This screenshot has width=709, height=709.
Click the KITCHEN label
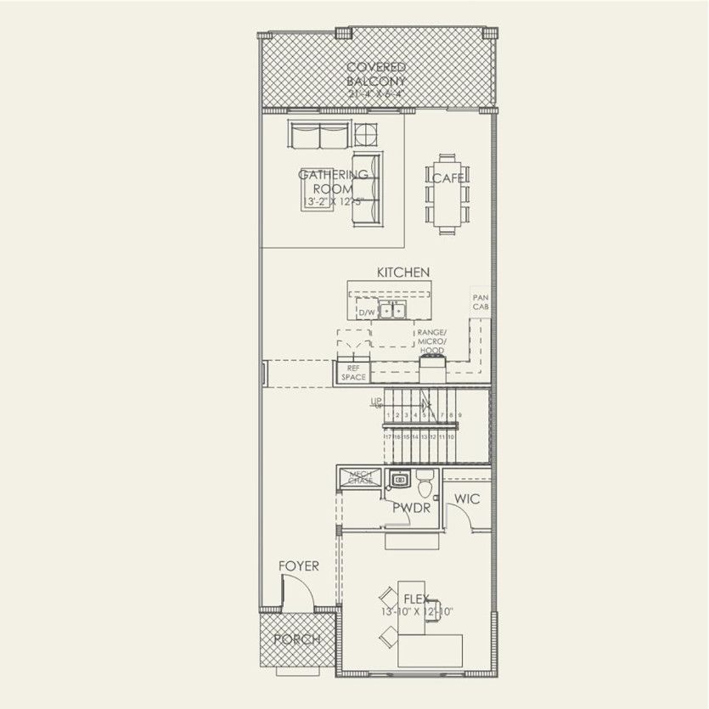pyautogui.click(x=403, y=272)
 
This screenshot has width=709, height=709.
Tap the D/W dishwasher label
pyautogui.click(x=367, y=313)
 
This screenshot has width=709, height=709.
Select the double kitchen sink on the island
pyautogui.click(x=392, y=310)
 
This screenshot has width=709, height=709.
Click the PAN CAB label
pyautogui.click(x=481, y=302)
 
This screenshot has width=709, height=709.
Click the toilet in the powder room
pyautogui.click(x=425, y=484)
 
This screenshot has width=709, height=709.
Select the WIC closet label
pyautogui.click(x=467, y=499)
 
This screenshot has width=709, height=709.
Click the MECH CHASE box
pyautogui.click(x=360, y=478)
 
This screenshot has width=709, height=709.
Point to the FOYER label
pyautogui.click(x=299, y=566)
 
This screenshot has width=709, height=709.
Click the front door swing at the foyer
pyautogui.click(x=297, y=592)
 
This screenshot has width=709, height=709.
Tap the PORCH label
pyautogui.click(x=297, y=639)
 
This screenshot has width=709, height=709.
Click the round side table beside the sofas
pyautogui.click(x=366, y=135)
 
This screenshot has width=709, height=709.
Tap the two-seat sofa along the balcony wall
pyautogui.click(x=318, y=135)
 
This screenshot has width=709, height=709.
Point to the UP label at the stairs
pyautogui.click(x=376, y=402)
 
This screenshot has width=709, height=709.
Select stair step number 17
pyautogui.click(x=389, y=436)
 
